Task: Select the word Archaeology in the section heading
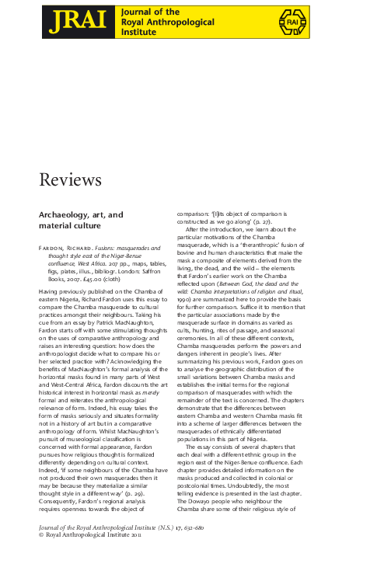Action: pos(65,214)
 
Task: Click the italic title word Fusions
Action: pos(106,248)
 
